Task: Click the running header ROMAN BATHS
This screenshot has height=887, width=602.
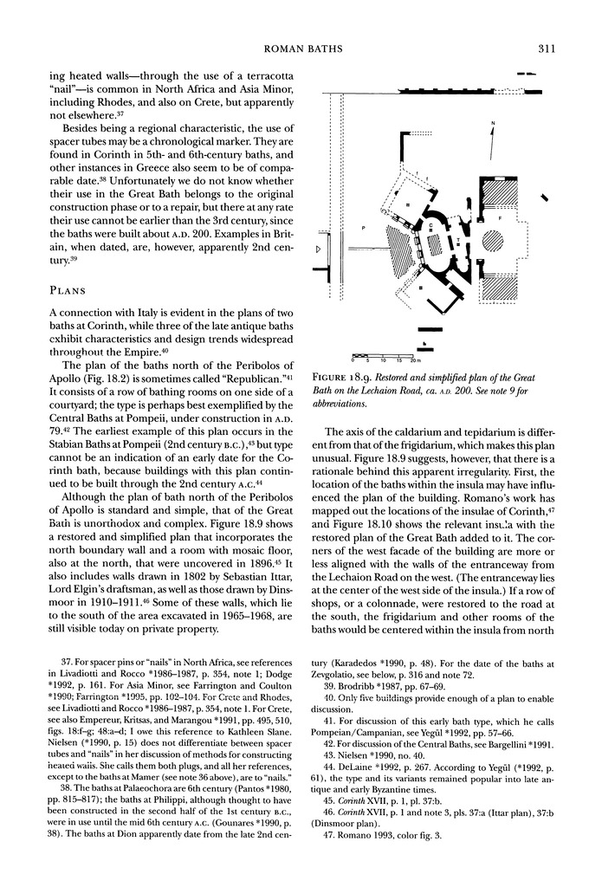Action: click(301, 35)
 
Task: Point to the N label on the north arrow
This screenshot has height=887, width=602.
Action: click(493, 123)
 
